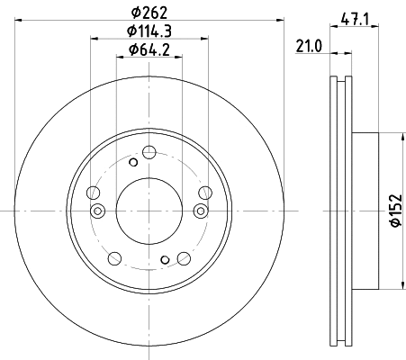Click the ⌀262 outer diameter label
point(149,13)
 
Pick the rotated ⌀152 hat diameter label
point(393,211)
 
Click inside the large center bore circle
point(149,210)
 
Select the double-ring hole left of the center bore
point(99,211)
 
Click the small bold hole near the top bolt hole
point(133,162)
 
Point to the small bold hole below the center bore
point(164,259)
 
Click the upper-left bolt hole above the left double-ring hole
point(93,191)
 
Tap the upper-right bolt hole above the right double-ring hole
point(204,191)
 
